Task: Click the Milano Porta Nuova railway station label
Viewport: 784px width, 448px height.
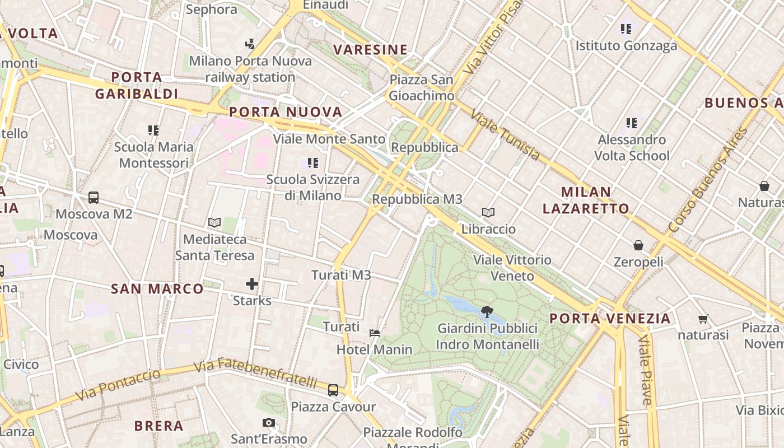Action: pos(250,69)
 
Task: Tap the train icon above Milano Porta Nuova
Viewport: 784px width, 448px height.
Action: pos(250,43)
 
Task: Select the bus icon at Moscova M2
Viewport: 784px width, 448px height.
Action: pos(94,198)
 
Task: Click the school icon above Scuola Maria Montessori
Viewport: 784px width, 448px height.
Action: pos(153,130)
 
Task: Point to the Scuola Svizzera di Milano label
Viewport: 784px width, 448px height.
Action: pos(312,188)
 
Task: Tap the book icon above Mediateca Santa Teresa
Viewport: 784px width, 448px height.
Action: pos(214,223)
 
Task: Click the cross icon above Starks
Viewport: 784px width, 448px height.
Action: pos(252,284)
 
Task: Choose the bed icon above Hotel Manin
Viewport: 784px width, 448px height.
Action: pos(375,333)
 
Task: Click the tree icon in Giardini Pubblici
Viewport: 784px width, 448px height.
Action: pos(487,311)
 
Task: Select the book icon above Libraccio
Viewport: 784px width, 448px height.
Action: pos(488,213)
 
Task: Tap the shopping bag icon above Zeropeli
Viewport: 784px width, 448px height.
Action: pos(638,245)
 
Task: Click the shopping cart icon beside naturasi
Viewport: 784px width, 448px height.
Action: pos(703,319)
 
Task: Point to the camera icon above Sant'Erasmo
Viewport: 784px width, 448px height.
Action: pos(269,423)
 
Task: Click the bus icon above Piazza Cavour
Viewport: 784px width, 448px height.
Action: pos(333,390)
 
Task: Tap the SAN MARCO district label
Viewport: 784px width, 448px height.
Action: pos(157,289)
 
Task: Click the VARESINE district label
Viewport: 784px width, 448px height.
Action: pos(370,50)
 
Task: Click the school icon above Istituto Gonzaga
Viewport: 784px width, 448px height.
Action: pos(626,29)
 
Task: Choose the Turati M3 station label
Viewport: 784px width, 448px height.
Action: pos(341,275)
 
